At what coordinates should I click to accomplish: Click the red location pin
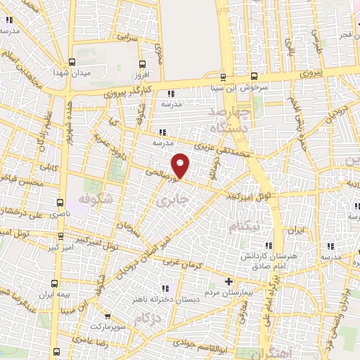point(181,165)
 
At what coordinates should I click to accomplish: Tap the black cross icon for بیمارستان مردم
point(227,282)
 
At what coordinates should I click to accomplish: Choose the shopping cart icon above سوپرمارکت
point(106,317)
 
